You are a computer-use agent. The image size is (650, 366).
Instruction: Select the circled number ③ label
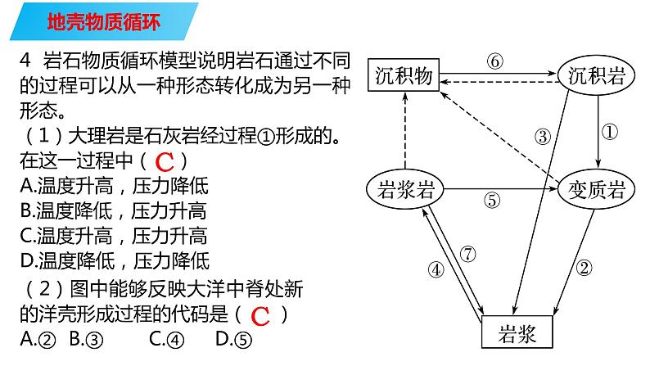click(543, 137)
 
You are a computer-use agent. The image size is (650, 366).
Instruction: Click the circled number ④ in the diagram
click(436, 269)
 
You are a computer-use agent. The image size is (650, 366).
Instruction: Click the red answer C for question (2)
click(260, 315)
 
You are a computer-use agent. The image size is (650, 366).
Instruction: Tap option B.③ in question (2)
click(88, 338)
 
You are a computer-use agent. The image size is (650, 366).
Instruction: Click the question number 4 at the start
click(25, 60)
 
